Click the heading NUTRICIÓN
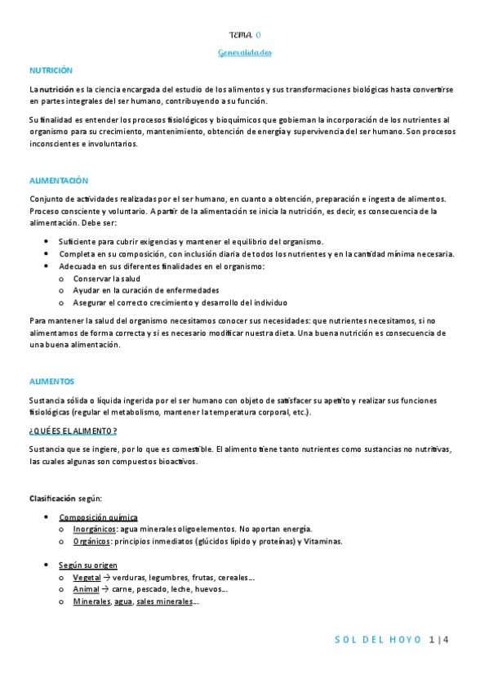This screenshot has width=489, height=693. pos(51,71)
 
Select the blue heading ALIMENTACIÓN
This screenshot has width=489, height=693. pos(58,181)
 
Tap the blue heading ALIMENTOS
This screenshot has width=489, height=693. pos(51,382)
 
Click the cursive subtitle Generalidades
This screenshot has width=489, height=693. pos(245,52)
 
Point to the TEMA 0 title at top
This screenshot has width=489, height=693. pos(245,34)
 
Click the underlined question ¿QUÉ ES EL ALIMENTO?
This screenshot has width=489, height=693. pos(73,431)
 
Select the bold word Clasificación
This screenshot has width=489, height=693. pos(52,498)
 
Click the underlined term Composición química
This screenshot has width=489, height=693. pos(98,517)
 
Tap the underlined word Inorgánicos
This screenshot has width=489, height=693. pos(95,530)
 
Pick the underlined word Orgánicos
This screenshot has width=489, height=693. pos(91,541)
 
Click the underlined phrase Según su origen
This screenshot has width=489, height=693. pos(88,566)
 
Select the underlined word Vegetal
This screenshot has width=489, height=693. pos(87,578)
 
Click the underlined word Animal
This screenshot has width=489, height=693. pos(86,589)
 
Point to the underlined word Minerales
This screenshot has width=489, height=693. pos(91,601)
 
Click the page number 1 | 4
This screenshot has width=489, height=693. pos(438,640)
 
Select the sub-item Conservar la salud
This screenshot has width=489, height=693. pos(106,279)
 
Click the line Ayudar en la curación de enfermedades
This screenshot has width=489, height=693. pos(146,290)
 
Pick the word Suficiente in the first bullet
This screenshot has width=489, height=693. pos(78,242)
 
